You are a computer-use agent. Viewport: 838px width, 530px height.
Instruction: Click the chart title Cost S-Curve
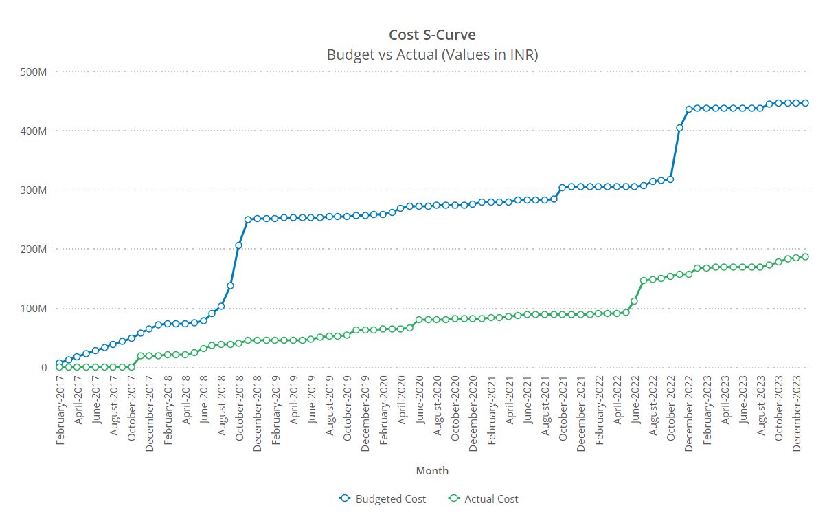[x=432, y=35]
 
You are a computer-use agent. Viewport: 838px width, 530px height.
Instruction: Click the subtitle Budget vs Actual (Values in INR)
[x=432, y=54]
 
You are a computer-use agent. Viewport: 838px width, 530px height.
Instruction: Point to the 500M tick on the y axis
[x=34, y=71]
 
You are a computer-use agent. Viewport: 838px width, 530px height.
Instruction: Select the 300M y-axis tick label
[x=34, y=190]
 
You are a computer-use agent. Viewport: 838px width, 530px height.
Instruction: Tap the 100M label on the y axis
[x=34, y=308]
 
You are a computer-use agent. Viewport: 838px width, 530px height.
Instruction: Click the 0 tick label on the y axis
[x=43, y=367]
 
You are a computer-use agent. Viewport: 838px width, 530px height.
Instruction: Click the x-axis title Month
[x=432, y=470]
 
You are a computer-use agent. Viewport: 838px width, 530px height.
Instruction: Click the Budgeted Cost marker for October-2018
[x=239, y=245]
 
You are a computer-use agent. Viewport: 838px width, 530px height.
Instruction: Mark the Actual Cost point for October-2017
[x=131, y=367]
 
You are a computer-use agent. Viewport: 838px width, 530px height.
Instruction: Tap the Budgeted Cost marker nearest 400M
[x=679, y=128]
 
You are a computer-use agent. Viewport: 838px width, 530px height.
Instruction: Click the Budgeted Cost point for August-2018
[x=221, y=307]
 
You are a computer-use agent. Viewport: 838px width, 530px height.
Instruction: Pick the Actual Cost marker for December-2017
[x=149, y=356]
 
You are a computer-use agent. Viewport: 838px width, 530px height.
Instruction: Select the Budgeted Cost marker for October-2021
[x=563, y=188]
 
